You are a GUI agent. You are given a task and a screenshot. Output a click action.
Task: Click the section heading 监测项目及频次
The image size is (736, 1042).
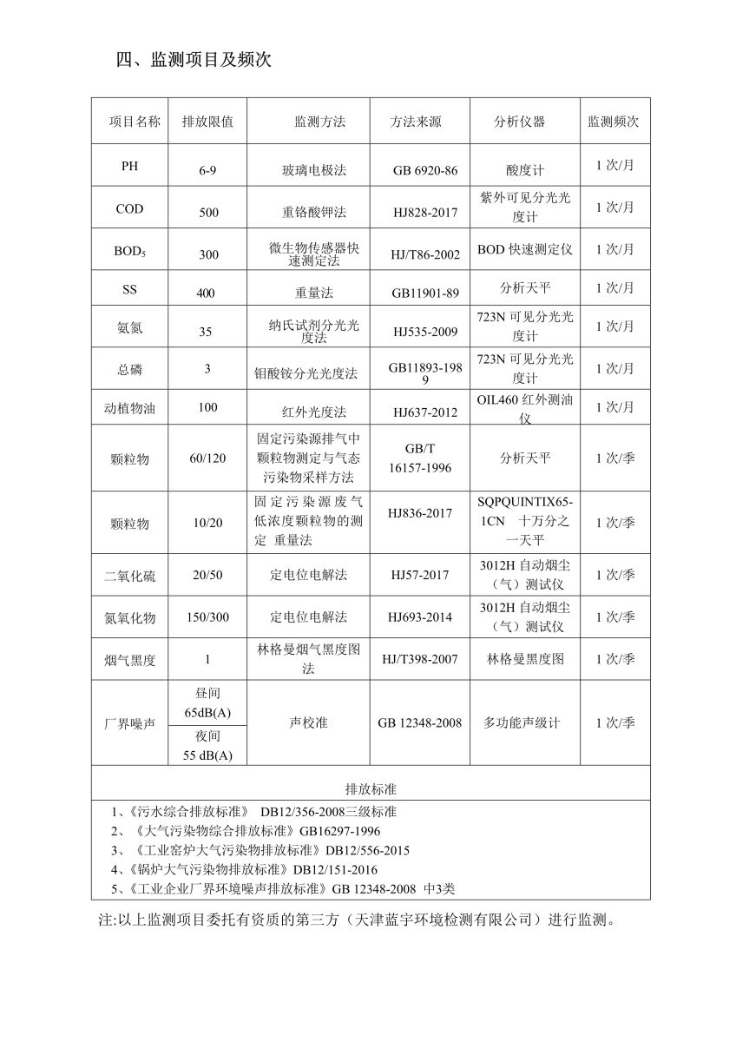point(195,60)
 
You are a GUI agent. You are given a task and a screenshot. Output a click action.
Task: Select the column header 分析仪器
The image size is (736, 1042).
point(520,122)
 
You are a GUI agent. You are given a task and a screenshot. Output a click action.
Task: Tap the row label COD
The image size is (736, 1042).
point(129,209)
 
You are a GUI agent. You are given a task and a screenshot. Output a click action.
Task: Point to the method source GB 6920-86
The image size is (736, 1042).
point(424,171)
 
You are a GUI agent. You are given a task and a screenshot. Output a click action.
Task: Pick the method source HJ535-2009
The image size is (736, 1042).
point(420,332)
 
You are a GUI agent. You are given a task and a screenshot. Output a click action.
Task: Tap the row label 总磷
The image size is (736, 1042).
point(129,370)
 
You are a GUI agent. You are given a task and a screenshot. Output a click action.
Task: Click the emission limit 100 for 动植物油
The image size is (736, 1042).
point(207,406)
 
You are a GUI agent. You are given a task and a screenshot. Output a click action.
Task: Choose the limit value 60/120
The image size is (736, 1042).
point(207,458)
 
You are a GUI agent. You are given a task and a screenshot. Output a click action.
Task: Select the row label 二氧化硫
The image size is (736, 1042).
point(129,576)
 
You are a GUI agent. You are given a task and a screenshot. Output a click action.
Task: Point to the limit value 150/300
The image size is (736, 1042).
point(207,617)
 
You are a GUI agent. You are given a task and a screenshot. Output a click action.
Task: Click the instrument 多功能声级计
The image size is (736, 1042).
point(522,722)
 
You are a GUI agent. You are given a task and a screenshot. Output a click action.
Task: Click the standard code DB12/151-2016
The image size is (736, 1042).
point(335,869)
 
